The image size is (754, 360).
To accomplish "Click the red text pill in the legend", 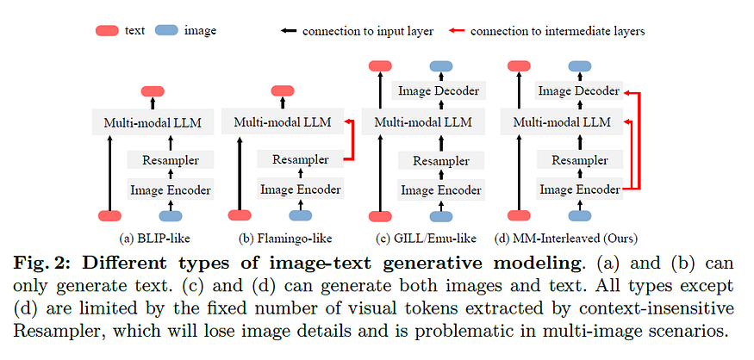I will pyautogui.click(x=107, y=30).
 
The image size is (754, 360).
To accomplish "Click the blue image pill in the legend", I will pyautogui.click(x=167, y=30).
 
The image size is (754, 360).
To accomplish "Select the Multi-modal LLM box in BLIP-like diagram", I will pyautogui.click(x=153, y=123).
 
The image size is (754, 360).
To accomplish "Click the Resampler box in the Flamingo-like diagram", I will pyautogui.click(x=300, y=159).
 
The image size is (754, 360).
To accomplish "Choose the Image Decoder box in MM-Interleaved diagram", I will pyautogui.click(x=579, y=90).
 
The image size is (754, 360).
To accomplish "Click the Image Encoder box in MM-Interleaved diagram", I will pyautogui.click(x=579, y=189).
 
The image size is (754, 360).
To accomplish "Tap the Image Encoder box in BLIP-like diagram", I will pyautogui.click(x=170, y=189).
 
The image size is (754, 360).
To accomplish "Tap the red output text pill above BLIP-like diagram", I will pyautogui.click(x=153, y=91).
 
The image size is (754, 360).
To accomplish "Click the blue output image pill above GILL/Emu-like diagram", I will pyautogui.click(x=440, y=65).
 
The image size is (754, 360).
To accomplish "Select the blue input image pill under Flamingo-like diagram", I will pyautogui.click(x=300, y=216).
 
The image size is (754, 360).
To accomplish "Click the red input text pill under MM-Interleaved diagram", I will pyautogui.click(x=519, y=216).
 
